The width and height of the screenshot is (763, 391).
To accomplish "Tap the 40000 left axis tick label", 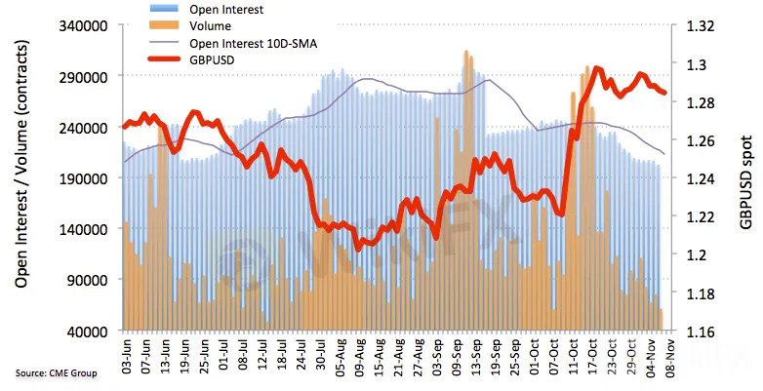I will (x=90, y=332).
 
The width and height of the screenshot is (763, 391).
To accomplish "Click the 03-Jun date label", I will (x=127, y=353).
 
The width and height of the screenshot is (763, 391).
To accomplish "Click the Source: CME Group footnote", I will (x=56, y=373).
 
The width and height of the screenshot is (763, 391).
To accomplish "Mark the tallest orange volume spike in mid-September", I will (x=466, y=53).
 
